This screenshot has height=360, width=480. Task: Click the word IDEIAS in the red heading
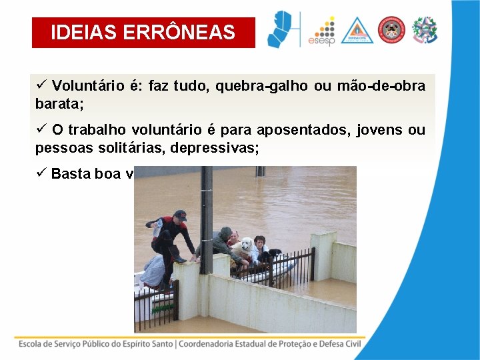click(88, 33)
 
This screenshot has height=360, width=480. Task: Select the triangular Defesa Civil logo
click(357, 31)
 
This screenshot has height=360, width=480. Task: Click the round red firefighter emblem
click(391, 30)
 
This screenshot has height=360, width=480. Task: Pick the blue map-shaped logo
click(279, 29)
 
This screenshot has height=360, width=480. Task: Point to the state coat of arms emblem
click(425, 30)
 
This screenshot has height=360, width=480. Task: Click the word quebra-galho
click(253, 86)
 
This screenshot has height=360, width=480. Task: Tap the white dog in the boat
click(246, 248)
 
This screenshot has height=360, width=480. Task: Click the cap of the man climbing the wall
click(179, 215)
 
